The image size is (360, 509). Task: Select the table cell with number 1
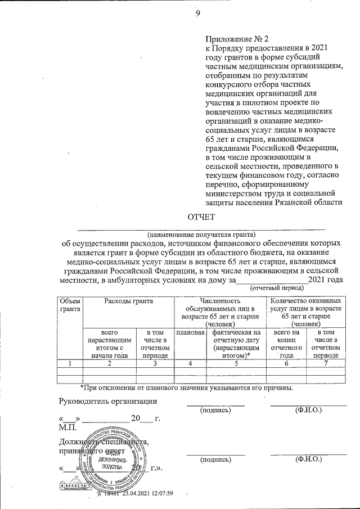point(70,363)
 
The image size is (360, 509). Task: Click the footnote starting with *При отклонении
point(186,388)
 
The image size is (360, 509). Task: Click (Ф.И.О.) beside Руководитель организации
point(308,411)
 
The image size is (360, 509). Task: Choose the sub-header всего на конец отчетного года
point(287,344)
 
